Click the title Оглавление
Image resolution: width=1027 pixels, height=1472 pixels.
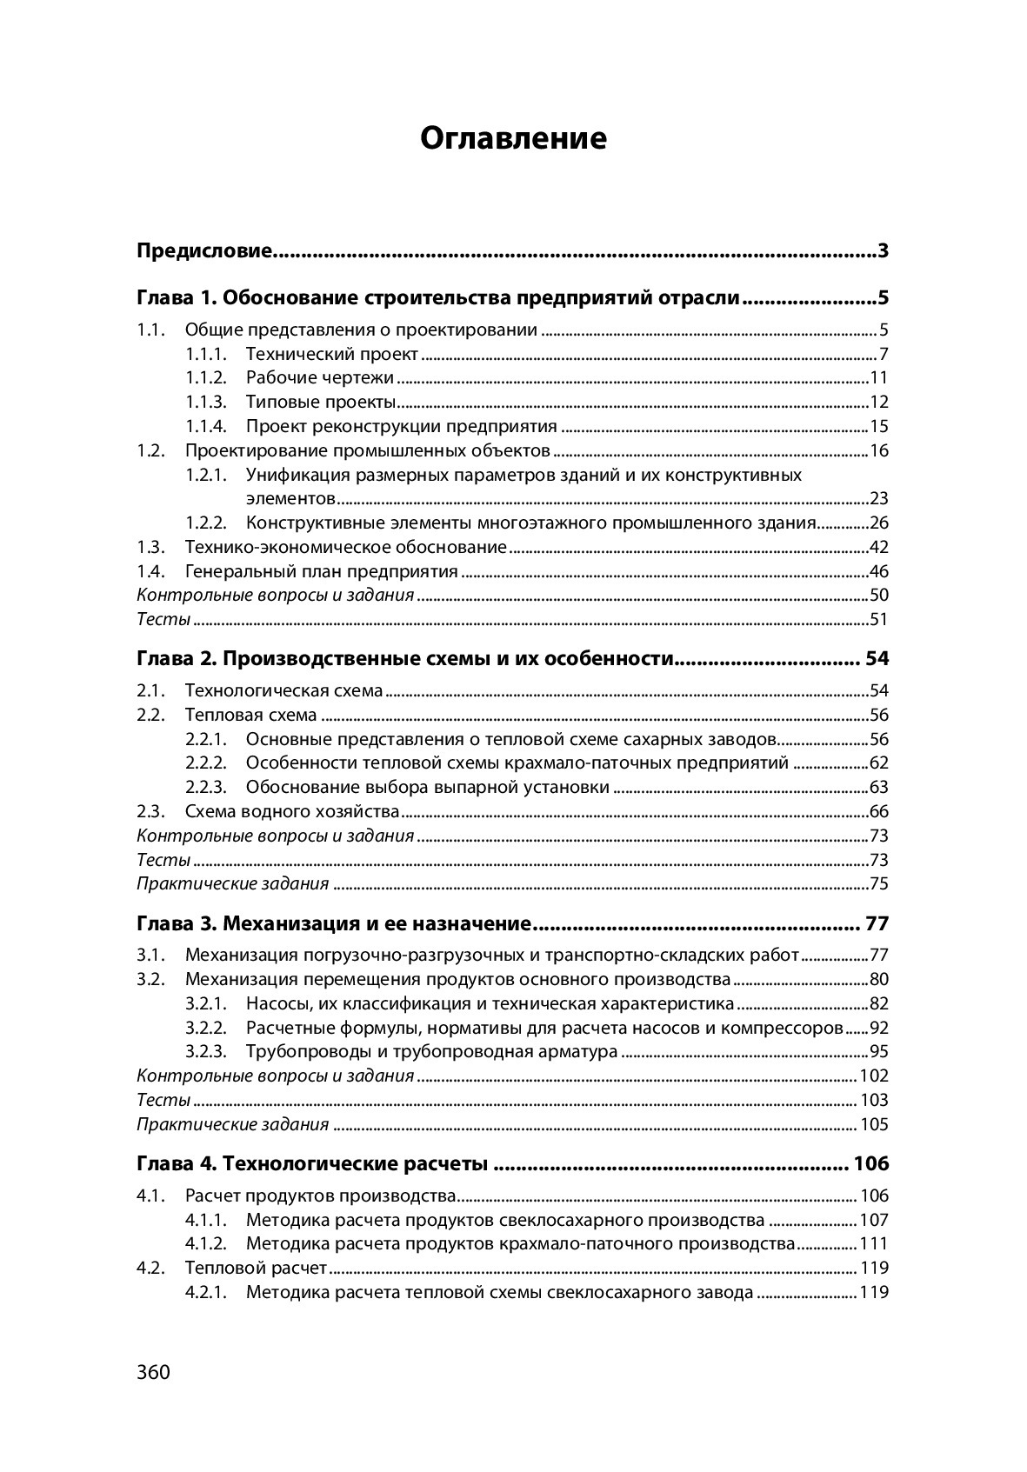coord(513,138)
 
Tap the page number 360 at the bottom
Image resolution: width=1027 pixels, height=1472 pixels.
coord(153,1372)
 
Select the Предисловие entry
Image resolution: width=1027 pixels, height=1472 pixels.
coord(205,252)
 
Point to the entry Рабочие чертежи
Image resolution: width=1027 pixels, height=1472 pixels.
coord(319,377)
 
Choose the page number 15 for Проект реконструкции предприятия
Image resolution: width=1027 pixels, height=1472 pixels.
coord(878,426)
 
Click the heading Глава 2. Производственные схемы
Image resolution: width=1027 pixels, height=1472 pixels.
coord(405,658)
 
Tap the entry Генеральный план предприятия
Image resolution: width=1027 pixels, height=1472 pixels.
coord(321,571)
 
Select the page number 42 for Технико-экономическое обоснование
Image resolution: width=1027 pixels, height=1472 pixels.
coord(878,547)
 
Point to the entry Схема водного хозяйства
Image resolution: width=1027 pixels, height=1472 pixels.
coord(291,811)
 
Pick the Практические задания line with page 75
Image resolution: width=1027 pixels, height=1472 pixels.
coord(233,884)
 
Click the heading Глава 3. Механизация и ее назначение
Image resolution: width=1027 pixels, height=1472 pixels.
coord(334,922)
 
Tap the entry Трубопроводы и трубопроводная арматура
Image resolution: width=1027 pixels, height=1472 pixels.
coord(431,1051)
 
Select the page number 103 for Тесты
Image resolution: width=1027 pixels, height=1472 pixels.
coord(873,1100)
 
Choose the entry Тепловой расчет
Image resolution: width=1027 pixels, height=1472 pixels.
coord(256,1268)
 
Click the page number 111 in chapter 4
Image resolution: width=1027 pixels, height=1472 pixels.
coord(873,1243)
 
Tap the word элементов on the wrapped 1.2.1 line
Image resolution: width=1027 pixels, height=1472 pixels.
coord(290,498)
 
